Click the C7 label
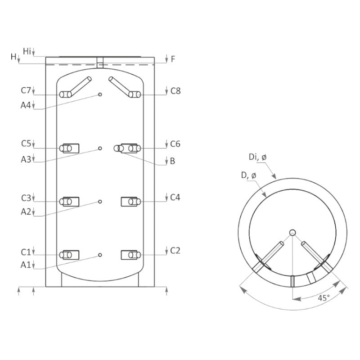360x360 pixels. pyautogui.click(x=26, y=90)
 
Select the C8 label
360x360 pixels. pyautogui.click(x=175, y=90)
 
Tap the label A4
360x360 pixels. pyautogui.click(x=26, y=105)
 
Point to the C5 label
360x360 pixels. pyautogui.click(x=26, y=144)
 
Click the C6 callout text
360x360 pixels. pyautogui.click(x=175, y=144)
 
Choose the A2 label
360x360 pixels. pyautogui.click(x=26, y=211)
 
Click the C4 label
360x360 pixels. pyautogui.click(x=175, y=197)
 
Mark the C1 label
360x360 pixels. pyautogui.click(x=26, y=251)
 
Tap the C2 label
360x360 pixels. pyautogui.click(x=175, y=251)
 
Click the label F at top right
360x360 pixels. pyautogui.click(x=173, y=59)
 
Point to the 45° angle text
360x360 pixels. pyautogui.click(x=324, y=297)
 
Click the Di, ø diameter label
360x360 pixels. pyautogui.click(x=258, y=157)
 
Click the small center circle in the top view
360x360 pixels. pyautogui.click(x=292, y=233)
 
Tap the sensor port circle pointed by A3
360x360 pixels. pyautogui.click(x=100, y=148)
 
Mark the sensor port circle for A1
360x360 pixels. pyautogui.click(x=100, y=255)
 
